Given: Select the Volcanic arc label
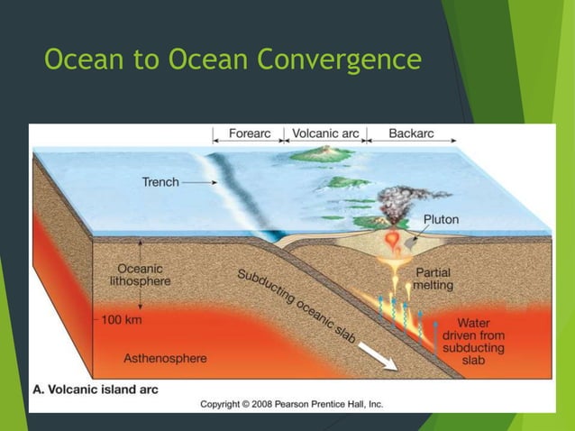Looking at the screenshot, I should [325, 133].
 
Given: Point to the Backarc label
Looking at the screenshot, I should [411, 133].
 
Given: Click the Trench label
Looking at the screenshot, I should [160, 182].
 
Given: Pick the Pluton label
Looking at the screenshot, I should [443, 219].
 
